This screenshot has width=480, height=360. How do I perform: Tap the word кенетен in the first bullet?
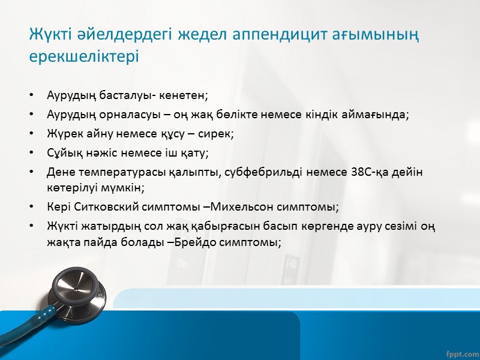click(187, 95)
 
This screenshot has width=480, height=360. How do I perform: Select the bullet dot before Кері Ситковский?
click(31, 207)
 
